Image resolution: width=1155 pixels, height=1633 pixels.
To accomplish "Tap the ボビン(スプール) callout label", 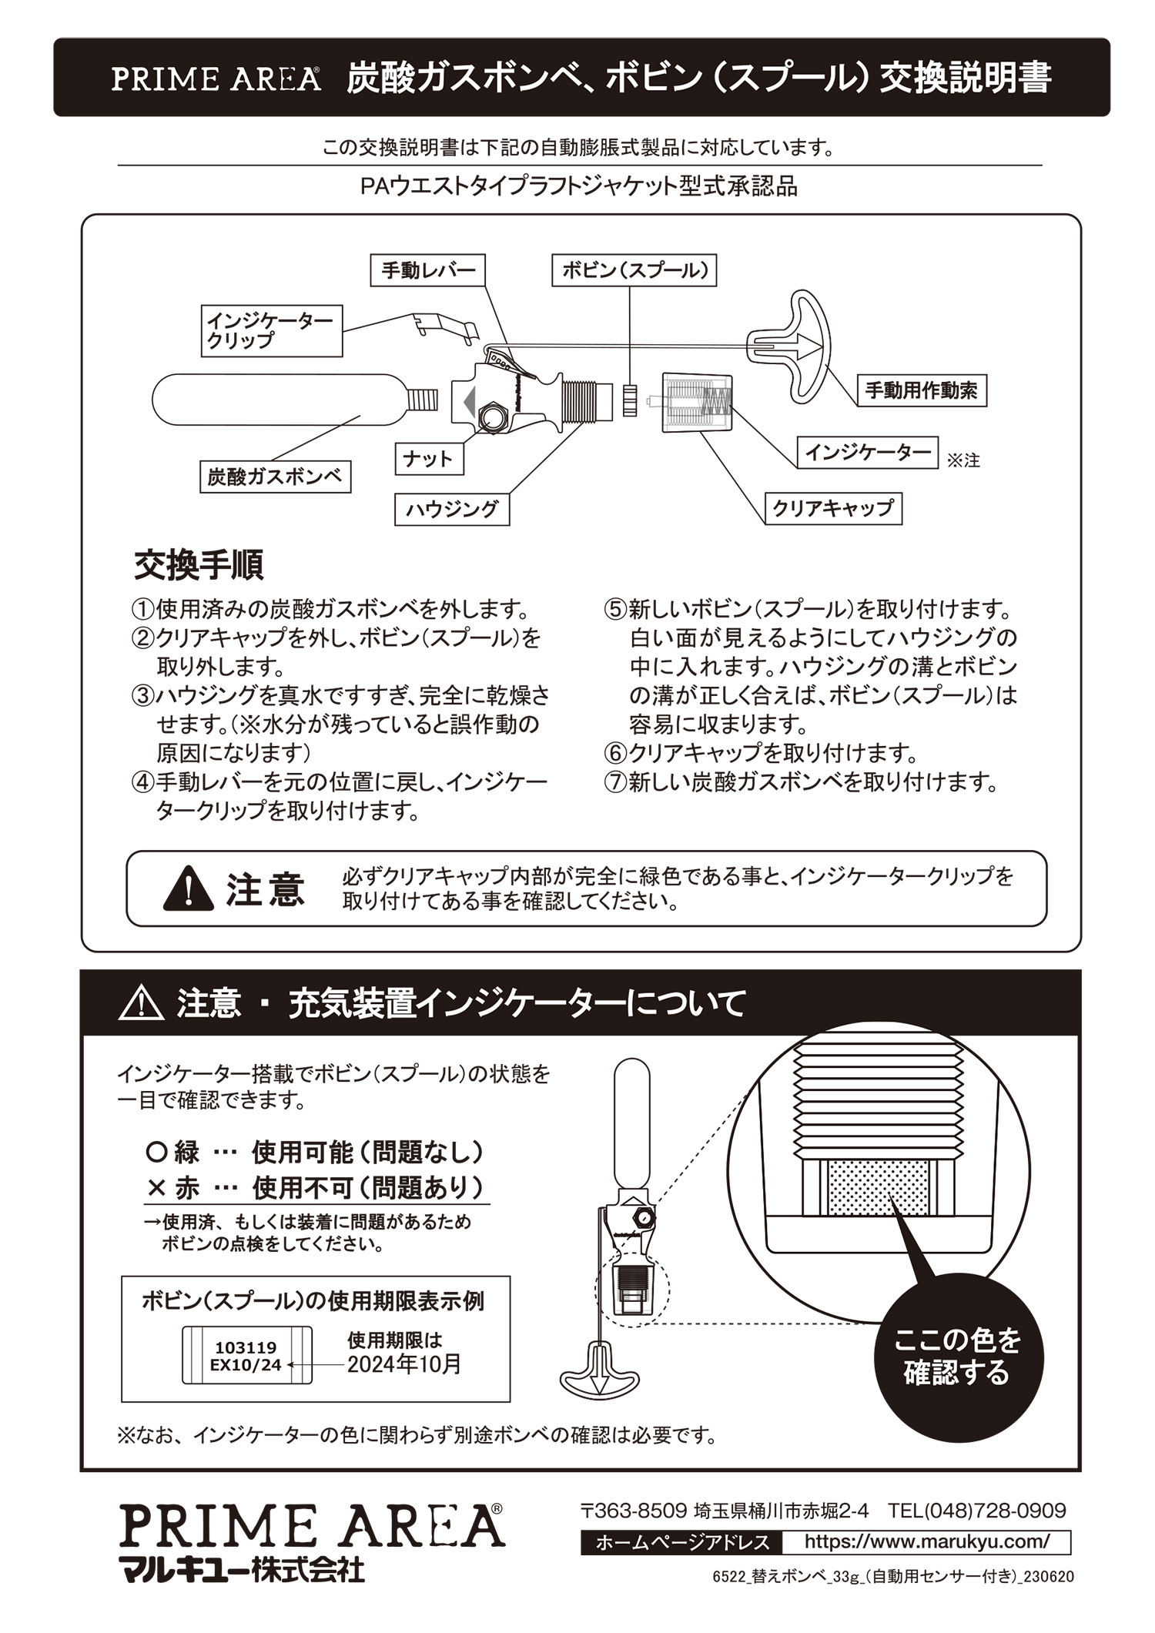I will (x=634, y=270).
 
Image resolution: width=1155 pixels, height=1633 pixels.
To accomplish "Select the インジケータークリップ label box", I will (x=272, y=330).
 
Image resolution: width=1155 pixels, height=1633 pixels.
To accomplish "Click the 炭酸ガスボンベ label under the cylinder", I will (x=274, y=477).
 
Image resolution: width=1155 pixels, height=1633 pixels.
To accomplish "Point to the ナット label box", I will (x=429, y=459).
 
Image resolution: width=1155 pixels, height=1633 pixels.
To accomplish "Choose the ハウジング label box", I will (x=452, y=509).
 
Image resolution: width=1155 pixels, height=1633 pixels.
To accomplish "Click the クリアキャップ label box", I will (x=832, y=508).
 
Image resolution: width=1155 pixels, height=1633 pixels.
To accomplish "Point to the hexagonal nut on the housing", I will (x=491, y=417).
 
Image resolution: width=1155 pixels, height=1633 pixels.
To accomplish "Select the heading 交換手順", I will (x=199, y=564).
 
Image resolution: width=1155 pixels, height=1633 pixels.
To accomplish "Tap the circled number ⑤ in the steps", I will (x=615, y=609).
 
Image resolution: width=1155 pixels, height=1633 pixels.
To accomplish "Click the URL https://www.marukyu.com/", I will (x=926, y=1541).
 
